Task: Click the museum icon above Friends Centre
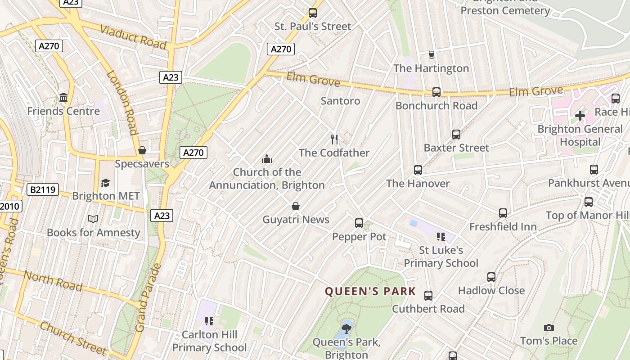tap(63, 98)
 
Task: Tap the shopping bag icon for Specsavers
tap(142, 150)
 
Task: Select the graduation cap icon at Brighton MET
tap(106, 183)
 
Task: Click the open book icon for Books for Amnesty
tap(93, 219)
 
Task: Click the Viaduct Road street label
tap(133, 37)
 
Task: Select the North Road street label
tap(53, 281)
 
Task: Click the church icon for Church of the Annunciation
tap(267, 159)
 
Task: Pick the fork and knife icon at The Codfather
tap(334, 139)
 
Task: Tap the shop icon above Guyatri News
tap(296, 207)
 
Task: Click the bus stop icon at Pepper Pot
tap(359, 223)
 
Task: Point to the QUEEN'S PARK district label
tap(370, 292)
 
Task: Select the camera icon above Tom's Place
tap(549, 328)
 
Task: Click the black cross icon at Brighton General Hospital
tap(580, 116)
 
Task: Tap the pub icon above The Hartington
tap(432, 55)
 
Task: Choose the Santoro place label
tap(340, 101)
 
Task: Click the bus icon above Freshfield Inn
tap(503, 213)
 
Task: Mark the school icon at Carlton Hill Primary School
tap(209, 321)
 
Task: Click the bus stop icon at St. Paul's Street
tap(313, 13)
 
